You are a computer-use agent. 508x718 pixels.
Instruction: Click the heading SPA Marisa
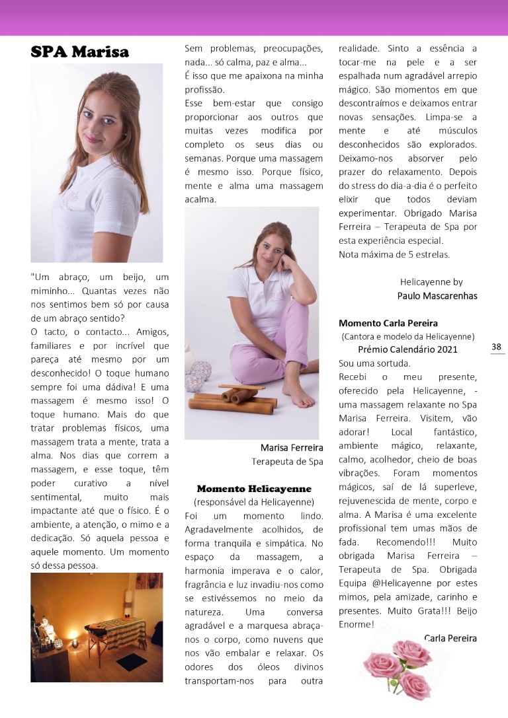tap(79, 52)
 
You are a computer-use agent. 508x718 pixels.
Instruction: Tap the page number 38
tap(497, 347)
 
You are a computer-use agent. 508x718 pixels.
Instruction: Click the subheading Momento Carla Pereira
tap(388, 323)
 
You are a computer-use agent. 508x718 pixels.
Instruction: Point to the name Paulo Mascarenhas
tap(437, 295)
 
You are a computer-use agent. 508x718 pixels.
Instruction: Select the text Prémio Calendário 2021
tap(407, 349)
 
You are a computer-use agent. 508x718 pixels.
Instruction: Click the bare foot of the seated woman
tap(299, 398)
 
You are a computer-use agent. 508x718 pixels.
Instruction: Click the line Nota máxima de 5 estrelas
tap(394, 254)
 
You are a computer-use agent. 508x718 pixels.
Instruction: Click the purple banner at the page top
tap(254, 17)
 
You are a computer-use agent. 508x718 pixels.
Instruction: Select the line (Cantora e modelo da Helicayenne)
tap(407, 336)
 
